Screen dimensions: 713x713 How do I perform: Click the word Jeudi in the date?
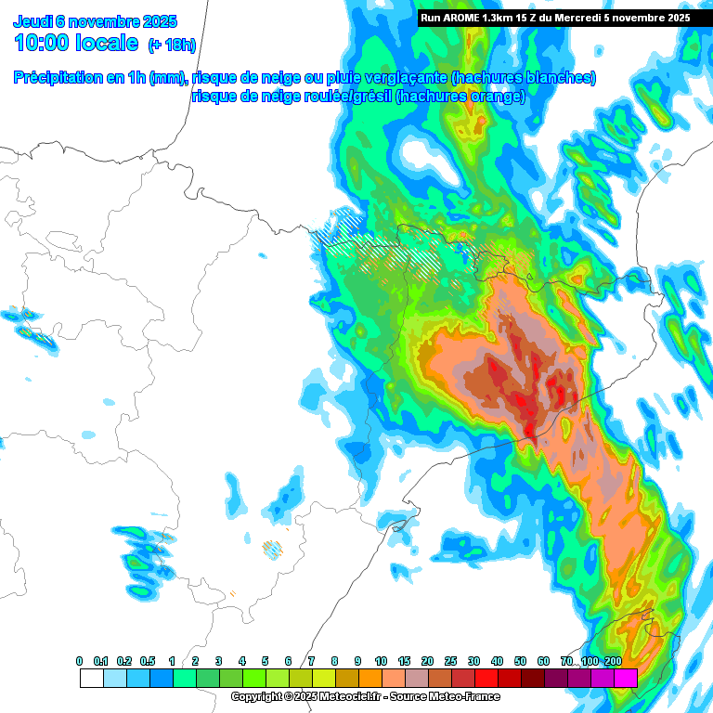33,21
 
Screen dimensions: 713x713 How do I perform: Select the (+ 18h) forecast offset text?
172,44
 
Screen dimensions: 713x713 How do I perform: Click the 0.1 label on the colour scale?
101,661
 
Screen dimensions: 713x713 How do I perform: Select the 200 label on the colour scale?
613,661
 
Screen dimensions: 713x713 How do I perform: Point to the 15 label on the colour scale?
404,661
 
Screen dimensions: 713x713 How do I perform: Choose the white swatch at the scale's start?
91,678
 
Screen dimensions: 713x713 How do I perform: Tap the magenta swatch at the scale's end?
625,678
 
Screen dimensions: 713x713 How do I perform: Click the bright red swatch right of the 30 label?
486,678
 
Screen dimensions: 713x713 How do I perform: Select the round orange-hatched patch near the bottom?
272,549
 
